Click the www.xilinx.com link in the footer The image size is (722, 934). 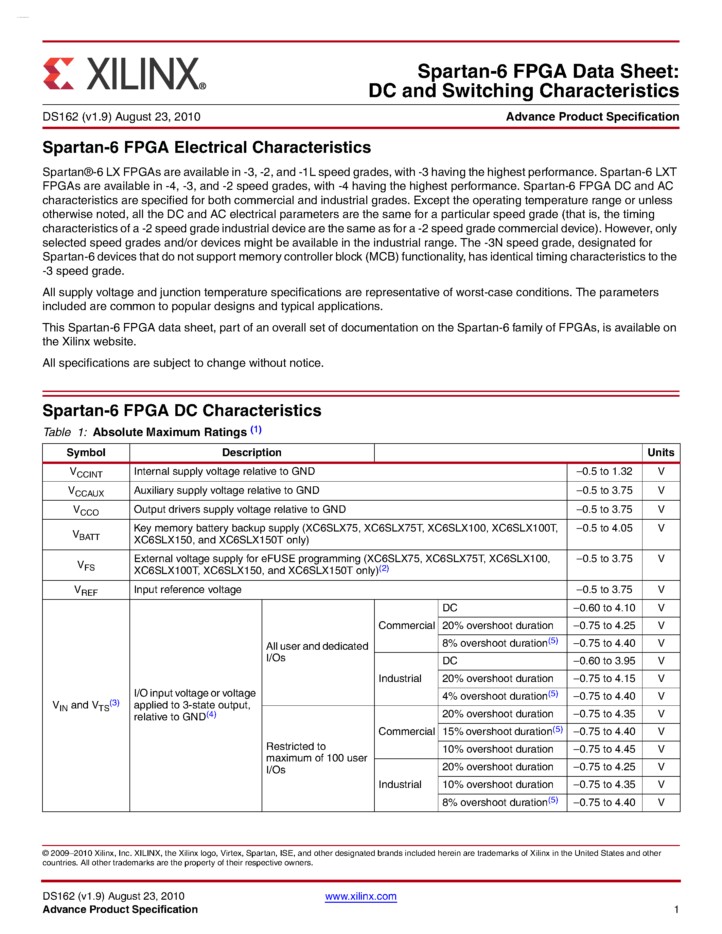pyautogui.click(x=360, y=896)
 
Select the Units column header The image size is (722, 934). pyautogui.click(x=661, y=452)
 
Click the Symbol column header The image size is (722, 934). pyautogui.click(x=86, y=452)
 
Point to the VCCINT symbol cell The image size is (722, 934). pyautogui.click(x=86, y=472)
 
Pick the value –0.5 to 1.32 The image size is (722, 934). pyautogui.click(x=604, y=471)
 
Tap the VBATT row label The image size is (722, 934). pyautogui.click(x=86, y=535)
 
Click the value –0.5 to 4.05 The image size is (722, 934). pyautogui.click(x=604, y=528)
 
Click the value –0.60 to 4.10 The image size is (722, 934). pyautogui.click(x=604, y=608)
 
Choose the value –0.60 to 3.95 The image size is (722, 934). pyautogui.click(x=604, y=661)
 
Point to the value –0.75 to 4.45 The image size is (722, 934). pyautogui.click(x=604, y=749)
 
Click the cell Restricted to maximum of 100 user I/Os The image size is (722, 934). pyautogui.click(x=317, y=758)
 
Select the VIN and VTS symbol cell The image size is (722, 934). pyautogui.click(x=86, y=705)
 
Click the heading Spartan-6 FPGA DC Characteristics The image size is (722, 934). pyautogui.click(x=182, y=411)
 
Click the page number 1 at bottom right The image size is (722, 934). pyautogui.click(x=676, y=909)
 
